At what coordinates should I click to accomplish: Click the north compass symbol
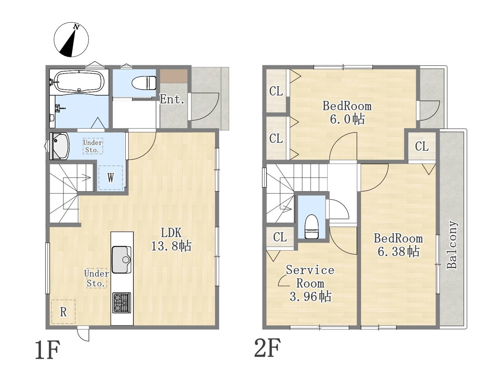tap(71, 40)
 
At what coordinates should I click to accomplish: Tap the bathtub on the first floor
tap(80, 82)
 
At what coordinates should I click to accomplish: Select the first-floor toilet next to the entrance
tap(144, 83)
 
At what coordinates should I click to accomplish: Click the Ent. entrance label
tap(172, 99)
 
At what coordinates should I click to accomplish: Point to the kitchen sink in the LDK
tap(121, 260)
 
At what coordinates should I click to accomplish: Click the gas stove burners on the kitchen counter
tap(121, 303)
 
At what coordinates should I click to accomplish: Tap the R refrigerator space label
tap(63, 312)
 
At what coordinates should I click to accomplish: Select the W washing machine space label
tap(111, 177)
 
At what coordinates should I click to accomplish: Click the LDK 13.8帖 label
tap(171, 239)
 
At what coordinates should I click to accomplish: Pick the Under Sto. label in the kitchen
tap(97, 278)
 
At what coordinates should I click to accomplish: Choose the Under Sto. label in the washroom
tap(93, 146)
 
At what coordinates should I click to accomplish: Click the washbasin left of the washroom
tap(59, 146)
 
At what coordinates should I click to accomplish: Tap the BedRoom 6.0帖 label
tap(347, 113)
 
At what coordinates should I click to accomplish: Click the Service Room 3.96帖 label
tap(310, 283)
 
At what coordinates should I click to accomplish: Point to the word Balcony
tap(452, 244)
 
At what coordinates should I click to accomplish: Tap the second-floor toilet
tap(312, 226)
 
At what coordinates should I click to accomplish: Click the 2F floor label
tap(267, 348)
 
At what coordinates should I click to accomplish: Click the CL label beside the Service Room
tap(280, 237)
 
